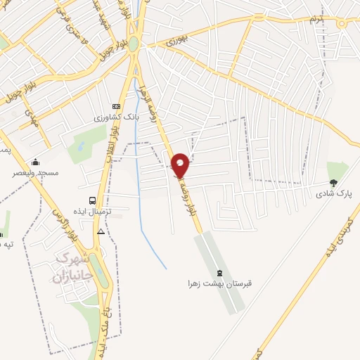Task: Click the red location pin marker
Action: coord(181,165)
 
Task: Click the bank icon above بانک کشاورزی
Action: coord(117,106)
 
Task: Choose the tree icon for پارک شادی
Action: coord(333,182)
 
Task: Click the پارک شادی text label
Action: coord(333,193)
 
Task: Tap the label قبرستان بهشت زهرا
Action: coord(219,284)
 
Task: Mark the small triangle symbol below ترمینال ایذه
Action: coord(101,231)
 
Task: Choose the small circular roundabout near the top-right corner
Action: coord(342,23)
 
